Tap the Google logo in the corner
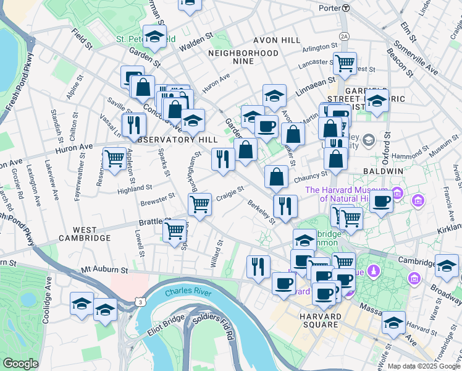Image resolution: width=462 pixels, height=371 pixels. point(20,364)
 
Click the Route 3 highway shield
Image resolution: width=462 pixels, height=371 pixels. point(141,302)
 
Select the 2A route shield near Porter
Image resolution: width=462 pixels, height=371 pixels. point(344,36)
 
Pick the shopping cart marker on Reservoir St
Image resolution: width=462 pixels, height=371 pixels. point(114,159)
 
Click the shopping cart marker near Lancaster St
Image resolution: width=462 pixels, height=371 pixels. point(345,62)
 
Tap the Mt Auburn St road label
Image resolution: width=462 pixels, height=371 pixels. point(104,270)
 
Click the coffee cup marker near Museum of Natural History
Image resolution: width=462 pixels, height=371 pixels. point(382,201)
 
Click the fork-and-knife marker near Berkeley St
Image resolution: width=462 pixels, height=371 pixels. point(285,206)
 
